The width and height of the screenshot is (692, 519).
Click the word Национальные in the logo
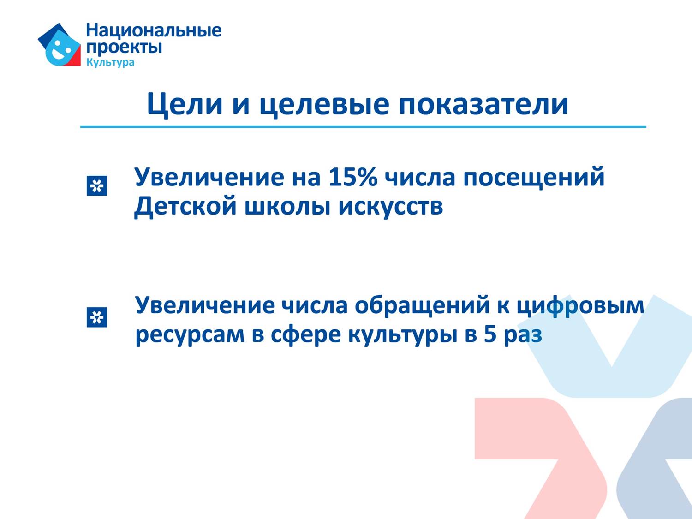tap(154, 30)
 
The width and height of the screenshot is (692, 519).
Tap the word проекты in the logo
tap(124, 48)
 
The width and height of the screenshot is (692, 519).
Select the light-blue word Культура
tap(110, 62)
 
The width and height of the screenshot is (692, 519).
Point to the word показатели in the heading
tap(483, 104)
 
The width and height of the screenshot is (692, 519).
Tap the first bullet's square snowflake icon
tap(97, 185)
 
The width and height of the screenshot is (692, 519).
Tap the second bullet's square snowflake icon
tap(97, 317)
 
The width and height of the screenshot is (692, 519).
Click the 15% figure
tap(352, 177)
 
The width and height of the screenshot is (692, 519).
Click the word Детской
tap(185, 207)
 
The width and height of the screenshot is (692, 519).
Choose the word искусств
tap(391, 207)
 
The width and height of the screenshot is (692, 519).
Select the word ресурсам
tap(190, 335)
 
